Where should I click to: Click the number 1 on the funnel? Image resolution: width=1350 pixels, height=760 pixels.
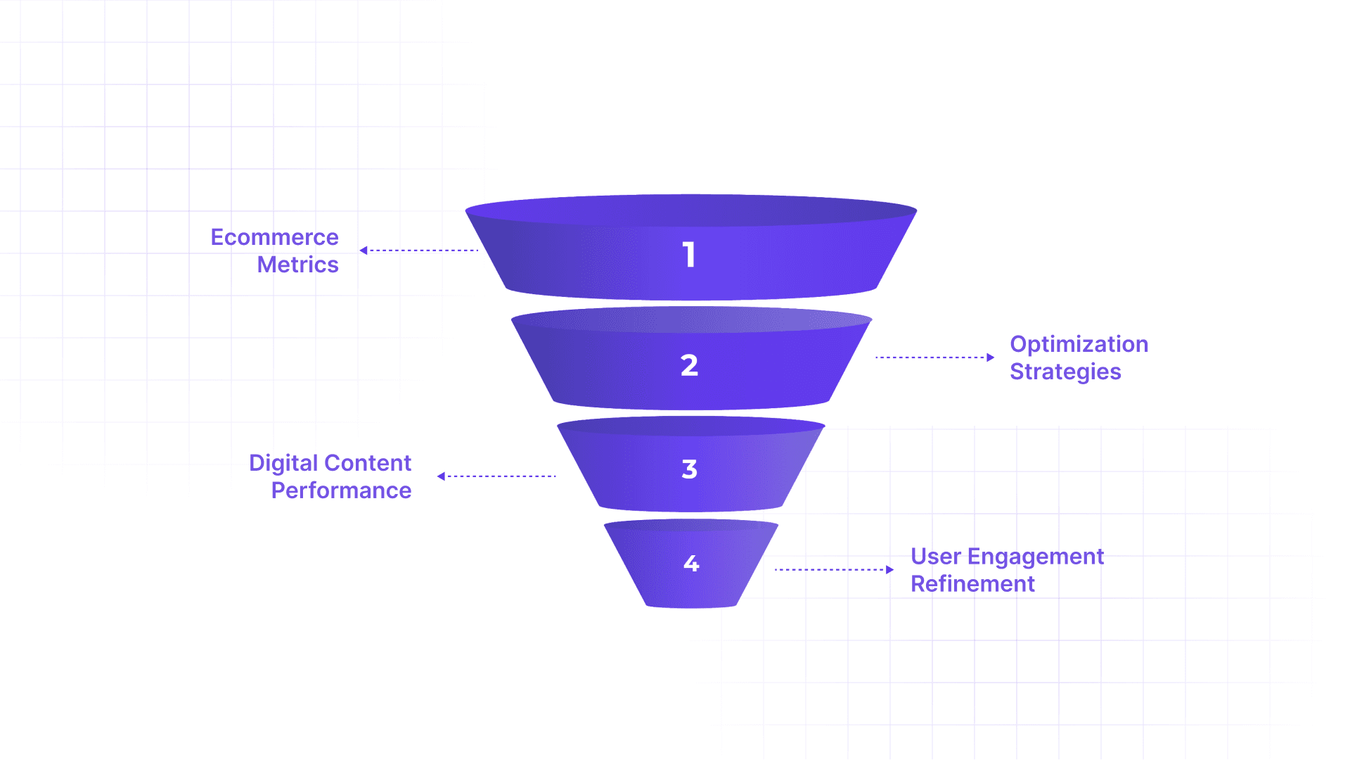pyautogui.click(x=689, y=255)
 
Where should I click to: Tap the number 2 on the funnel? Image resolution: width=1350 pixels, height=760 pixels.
pyautogui.click(x=689, y=365)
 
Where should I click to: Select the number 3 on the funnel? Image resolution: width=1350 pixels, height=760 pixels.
pyautogui.click(x=689, y=469)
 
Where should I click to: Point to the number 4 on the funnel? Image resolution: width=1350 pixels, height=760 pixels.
pyautogui.click(x=691, y=563)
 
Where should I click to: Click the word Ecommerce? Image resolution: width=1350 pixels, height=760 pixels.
pyautogui.click(x=274, y=237)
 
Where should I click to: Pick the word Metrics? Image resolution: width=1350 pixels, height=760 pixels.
pyautogui.click(x=297, y=265)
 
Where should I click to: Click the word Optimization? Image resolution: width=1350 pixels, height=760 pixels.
pyautogui.click(x=1079, y=344)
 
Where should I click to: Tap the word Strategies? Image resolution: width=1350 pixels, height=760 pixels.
pyautogui.click(x=1065, y=372)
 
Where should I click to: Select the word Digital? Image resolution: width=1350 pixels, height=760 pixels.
pyautogui.click(x=283, y=463)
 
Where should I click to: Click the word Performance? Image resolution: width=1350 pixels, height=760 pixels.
pyautogui.click(x=341, y=490)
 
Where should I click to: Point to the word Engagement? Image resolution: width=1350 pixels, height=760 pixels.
pyautogui.click(x=1035, y=557)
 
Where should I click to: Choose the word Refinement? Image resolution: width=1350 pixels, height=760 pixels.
pyautogui.click(x=972, y=584)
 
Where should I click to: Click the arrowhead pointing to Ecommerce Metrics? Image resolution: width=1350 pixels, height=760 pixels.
pyautogui.click(x=364, y=251)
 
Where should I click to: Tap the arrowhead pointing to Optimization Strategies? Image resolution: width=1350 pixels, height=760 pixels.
pyautogui.click(x=990, y=357)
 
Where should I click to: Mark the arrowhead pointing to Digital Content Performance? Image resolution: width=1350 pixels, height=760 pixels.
pyautogui.click(x=441, y=476)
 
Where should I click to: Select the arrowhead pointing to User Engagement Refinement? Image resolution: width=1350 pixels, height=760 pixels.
pyautogui.click(x=889, y=570)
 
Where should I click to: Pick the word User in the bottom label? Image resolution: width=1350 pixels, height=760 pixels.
pyautogui.click(x=935, y=557)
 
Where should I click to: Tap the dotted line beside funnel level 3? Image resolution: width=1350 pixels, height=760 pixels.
pyautogui.click(x=501, y=476)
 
